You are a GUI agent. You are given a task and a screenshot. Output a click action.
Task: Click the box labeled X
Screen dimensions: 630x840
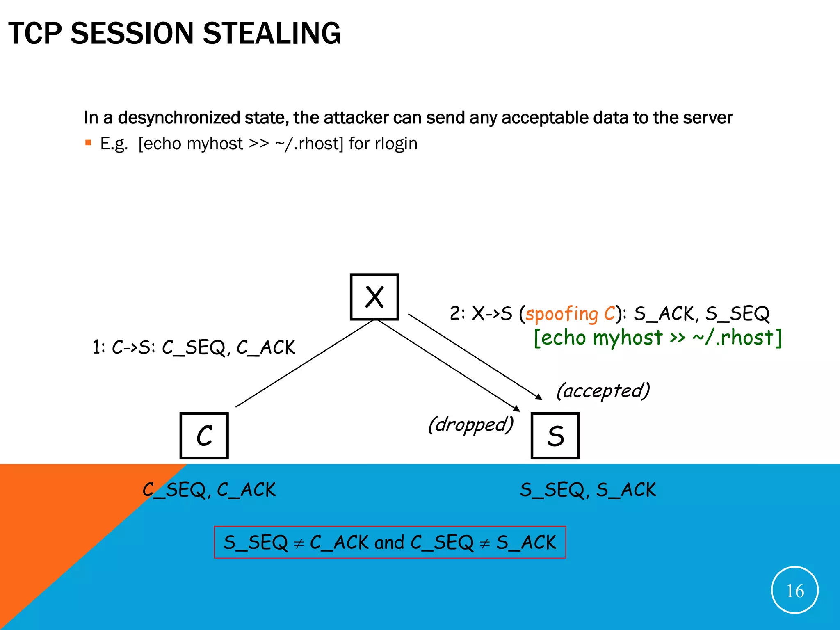(374, 297)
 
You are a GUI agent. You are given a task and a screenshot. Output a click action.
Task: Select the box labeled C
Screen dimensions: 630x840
(204, 436)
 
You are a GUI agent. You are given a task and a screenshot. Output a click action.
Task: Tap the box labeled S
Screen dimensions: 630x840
(555, 436)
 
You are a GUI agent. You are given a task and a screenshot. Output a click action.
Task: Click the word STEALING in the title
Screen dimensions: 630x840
(272, 33)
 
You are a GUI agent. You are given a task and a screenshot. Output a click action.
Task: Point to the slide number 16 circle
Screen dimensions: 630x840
(794, 590)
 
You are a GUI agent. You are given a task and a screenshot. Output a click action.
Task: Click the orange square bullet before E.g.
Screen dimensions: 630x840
(88, 143)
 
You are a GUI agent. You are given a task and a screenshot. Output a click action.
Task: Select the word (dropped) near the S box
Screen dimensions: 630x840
(470, 425)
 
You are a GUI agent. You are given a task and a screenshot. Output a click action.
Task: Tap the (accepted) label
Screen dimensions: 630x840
(603, 390)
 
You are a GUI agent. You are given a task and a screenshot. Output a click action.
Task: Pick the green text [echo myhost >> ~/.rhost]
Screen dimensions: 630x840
(658, 338)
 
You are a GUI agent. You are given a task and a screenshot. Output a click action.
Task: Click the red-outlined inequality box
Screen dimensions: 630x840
(390, 542)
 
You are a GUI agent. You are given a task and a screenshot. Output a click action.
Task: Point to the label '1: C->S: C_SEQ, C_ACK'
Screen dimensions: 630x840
(194, 347)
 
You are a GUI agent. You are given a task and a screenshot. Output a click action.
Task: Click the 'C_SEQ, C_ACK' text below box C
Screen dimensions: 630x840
(209, 490)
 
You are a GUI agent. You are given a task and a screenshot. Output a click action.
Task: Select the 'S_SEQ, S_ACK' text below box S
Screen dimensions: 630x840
(588, 490)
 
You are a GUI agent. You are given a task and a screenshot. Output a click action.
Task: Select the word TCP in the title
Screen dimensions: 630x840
(35, 33)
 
